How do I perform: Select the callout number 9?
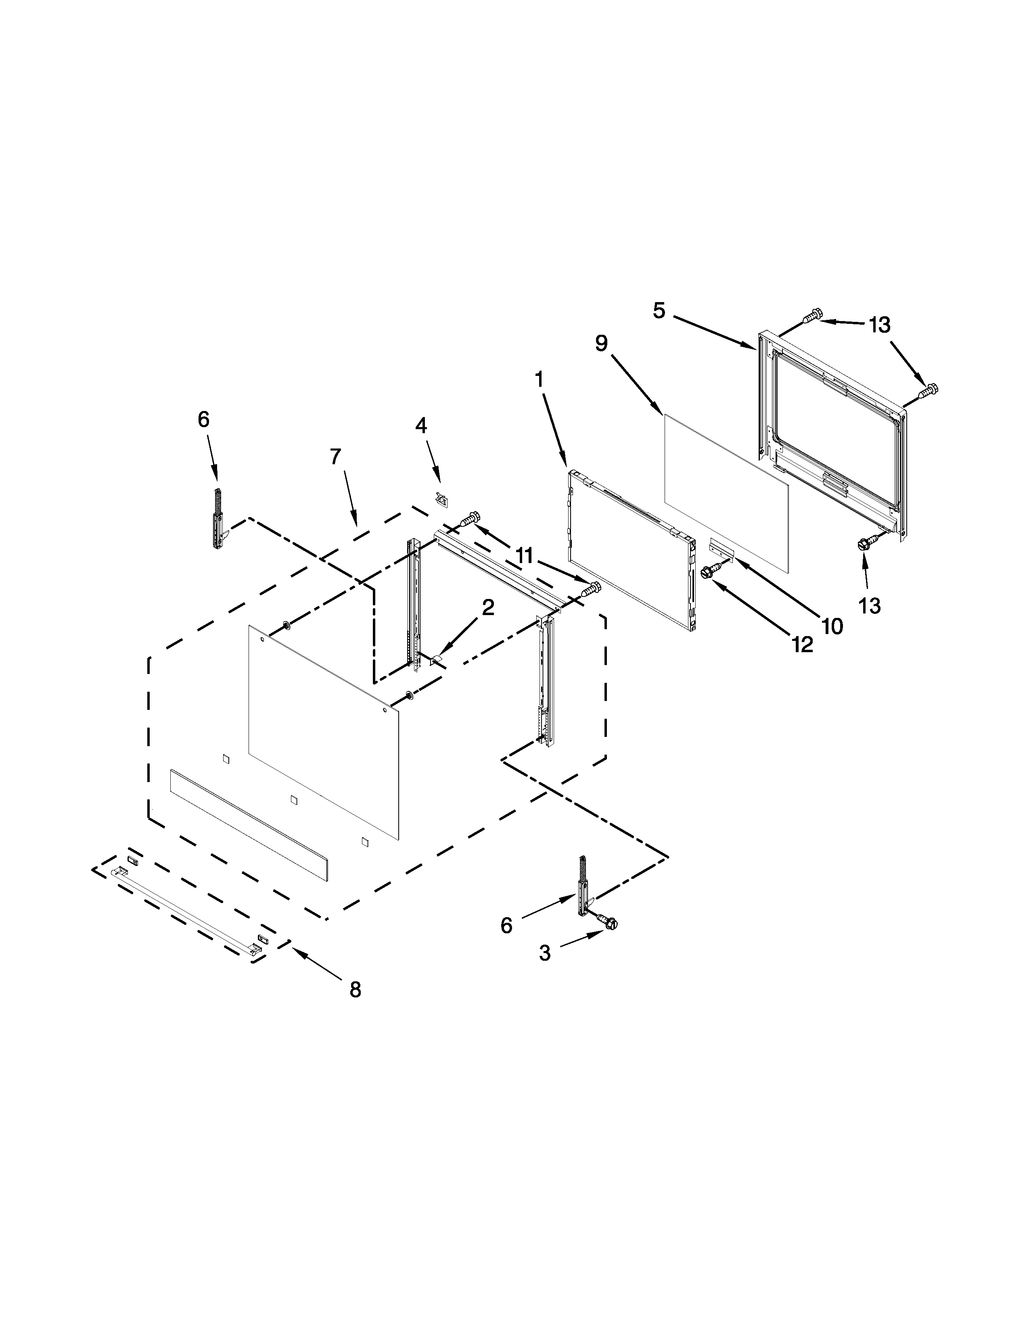click(602, 344)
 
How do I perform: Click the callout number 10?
click(832, 626)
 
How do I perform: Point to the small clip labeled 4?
click(441, 499)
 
